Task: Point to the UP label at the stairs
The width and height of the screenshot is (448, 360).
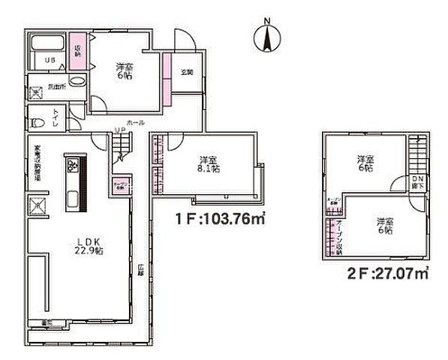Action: (119, 131)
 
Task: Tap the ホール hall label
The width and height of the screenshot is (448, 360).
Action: (135, 121)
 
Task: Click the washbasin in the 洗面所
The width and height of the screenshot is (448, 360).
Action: (77, 82)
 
